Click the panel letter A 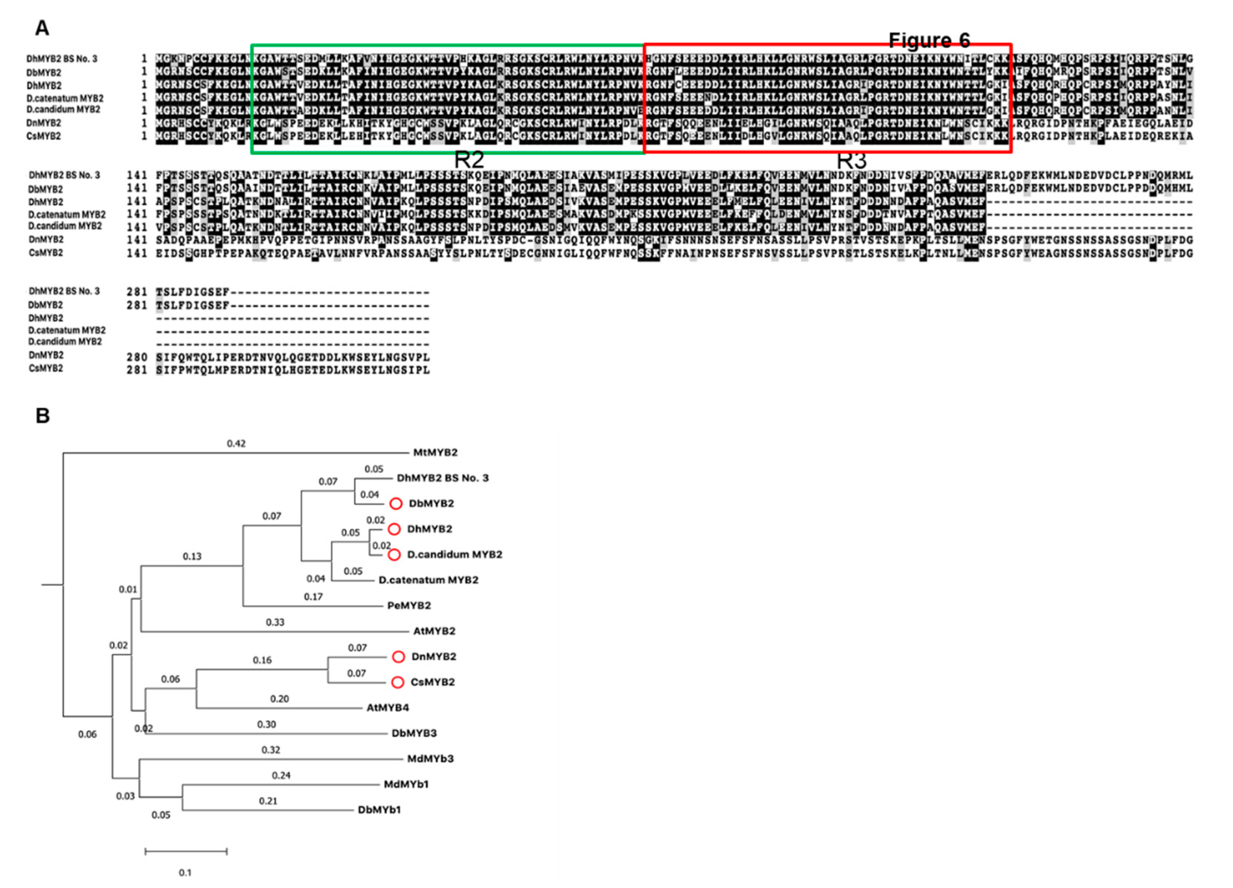pyautogui.click(x=42, y=28)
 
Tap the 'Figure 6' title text pyautogui.click(x=929, y=40)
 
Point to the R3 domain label pyautogui.click(x=851, y=161)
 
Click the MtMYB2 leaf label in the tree pyautogui.click(x=435, y=452)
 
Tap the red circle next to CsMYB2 pyautogui.click(x=398, y=682)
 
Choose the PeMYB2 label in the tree pyautogui.click(x=409, y=605)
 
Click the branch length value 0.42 pyautogui.click(x=236, y=443)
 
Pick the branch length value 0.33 pyautogui.click(x=275, y=622)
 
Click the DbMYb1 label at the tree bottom pyautogui.click(x=379, y=810)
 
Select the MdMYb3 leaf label pyautogui.click(x=430, y=759)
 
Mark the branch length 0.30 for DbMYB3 pyautogui.click(x=266, y=724)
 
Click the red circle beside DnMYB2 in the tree pyautogui.click(x=399, y=656)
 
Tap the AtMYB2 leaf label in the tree pyautogui.click(x=434, y=631)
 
